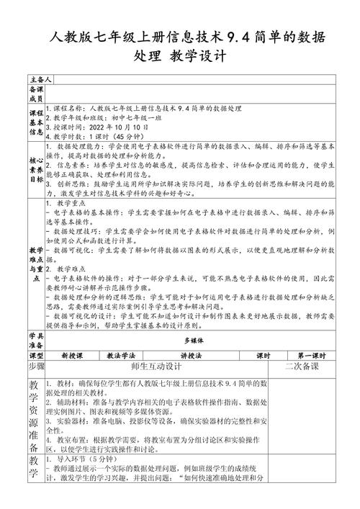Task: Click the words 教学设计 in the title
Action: (197, 55)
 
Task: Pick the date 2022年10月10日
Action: (117, 125)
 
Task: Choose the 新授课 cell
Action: (72, 356)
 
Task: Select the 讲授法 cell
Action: (192, 356)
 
